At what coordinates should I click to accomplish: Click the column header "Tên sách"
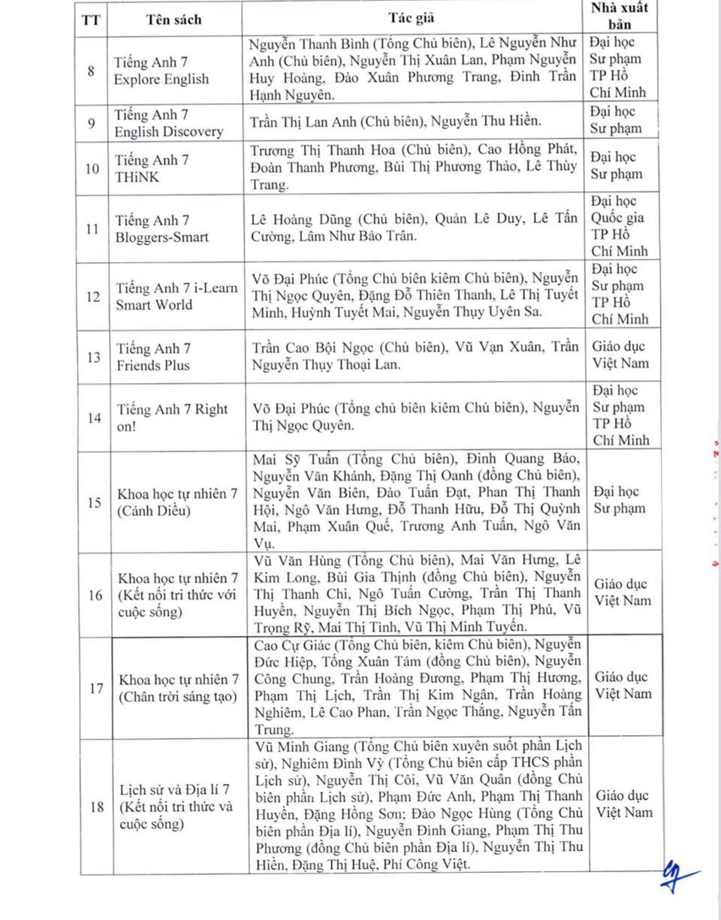click(173, 20)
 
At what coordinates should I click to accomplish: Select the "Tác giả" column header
click(411, 17)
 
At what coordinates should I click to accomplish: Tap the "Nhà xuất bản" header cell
click(620, 16)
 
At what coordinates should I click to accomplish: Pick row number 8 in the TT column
click(91, 71)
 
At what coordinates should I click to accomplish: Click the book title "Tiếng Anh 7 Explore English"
click(161, 71)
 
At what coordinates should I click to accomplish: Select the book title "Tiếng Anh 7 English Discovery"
click(169, 123)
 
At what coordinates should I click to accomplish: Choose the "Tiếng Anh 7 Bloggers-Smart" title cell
click(161, 229)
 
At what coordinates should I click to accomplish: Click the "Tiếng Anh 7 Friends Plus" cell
click(153, 357)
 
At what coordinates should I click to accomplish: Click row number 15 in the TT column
click(94, 502)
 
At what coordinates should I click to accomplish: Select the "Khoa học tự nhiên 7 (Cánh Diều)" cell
click(177, 502)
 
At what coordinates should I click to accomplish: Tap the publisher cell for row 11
click(620, 226)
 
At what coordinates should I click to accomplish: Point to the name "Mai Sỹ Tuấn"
click(296, 459)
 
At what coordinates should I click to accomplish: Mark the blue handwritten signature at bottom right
click(678, 876)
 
